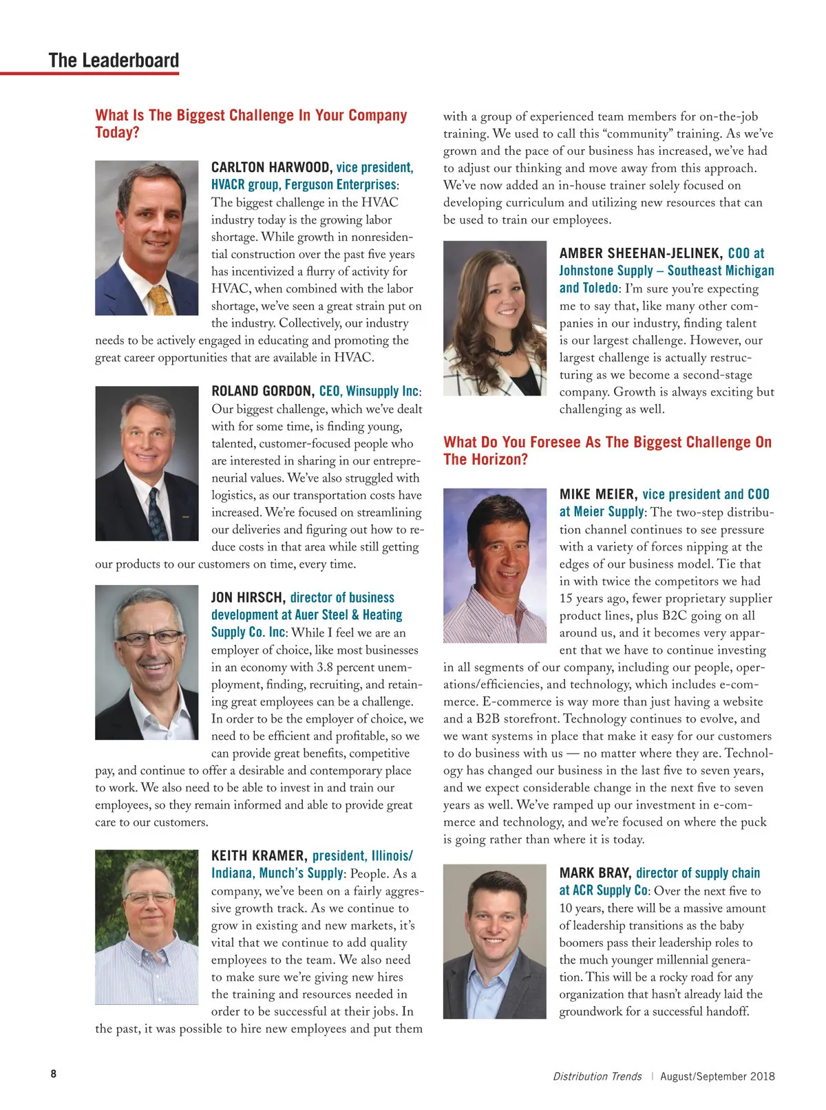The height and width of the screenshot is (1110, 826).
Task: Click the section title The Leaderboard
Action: [114, 61]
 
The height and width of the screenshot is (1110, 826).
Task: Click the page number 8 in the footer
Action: [54, 1074]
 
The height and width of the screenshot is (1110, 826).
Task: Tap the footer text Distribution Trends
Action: [597, 1076]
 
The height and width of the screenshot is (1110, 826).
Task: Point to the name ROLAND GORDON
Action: [262, 392]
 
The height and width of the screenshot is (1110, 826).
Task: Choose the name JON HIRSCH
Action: [248, 597]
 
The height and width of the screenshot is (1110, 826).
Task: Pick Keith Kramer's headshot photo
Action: [147, 926]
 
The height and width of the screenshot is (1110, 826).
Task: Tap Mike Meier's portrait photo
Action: [495, 565]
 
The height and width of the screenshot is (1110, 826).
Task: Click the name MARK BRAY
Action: [595, 873]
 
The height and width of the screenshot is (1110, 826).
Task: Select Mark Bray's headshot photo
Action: [495, 941]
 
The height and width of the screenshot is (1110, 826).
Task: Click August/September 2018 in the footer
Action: [717, 1076]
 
